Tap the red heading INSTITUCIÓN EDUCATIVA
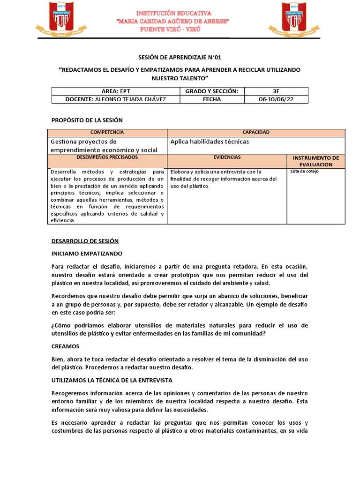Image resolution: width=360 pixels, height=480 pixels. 180,13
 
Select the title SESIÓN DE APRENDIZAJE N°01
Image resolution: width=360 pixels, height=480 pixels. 180,58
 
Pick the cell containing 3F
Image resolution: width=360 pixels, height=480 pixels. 277,91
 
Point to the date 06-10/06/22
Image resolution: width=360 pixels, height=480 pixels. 277,99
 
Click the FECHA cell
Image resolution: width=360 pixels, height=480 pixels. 211,99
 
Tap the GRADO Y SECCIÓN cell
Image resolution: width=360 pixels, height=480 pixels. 211,91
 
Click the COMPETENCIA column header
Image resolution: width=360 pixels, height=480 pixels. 107,133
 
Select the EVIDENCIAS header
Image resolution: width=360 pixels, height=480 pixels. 227,158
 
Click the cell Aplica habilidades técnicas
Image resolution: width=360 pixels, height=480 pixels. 210,142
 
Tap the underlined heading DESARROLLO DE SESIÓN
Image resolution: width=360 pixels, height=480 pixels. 85,241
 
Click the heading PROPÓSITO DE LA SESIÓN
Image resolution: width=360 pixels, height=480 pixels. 87,120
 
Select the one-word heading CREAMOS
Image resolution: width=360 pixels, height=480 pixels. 65,346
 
